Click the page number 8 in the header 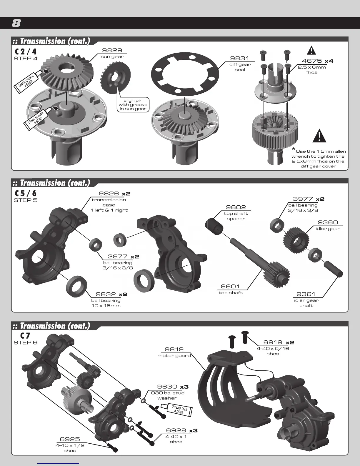16,23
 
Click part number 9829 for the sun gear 112,50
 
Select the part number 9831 239,58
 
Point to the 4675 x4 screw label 317,61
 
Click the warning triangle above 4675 311,51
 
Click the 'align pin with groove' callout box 133,105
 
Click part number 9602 236,207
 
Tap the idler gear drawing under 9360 296,240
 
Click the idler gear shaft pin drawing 334,268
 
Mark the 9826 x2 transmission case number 114,194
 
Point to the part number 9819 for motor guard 174,349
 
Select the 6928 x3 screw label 182,430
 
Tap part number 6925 70,440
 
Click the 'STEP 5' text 26,200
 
